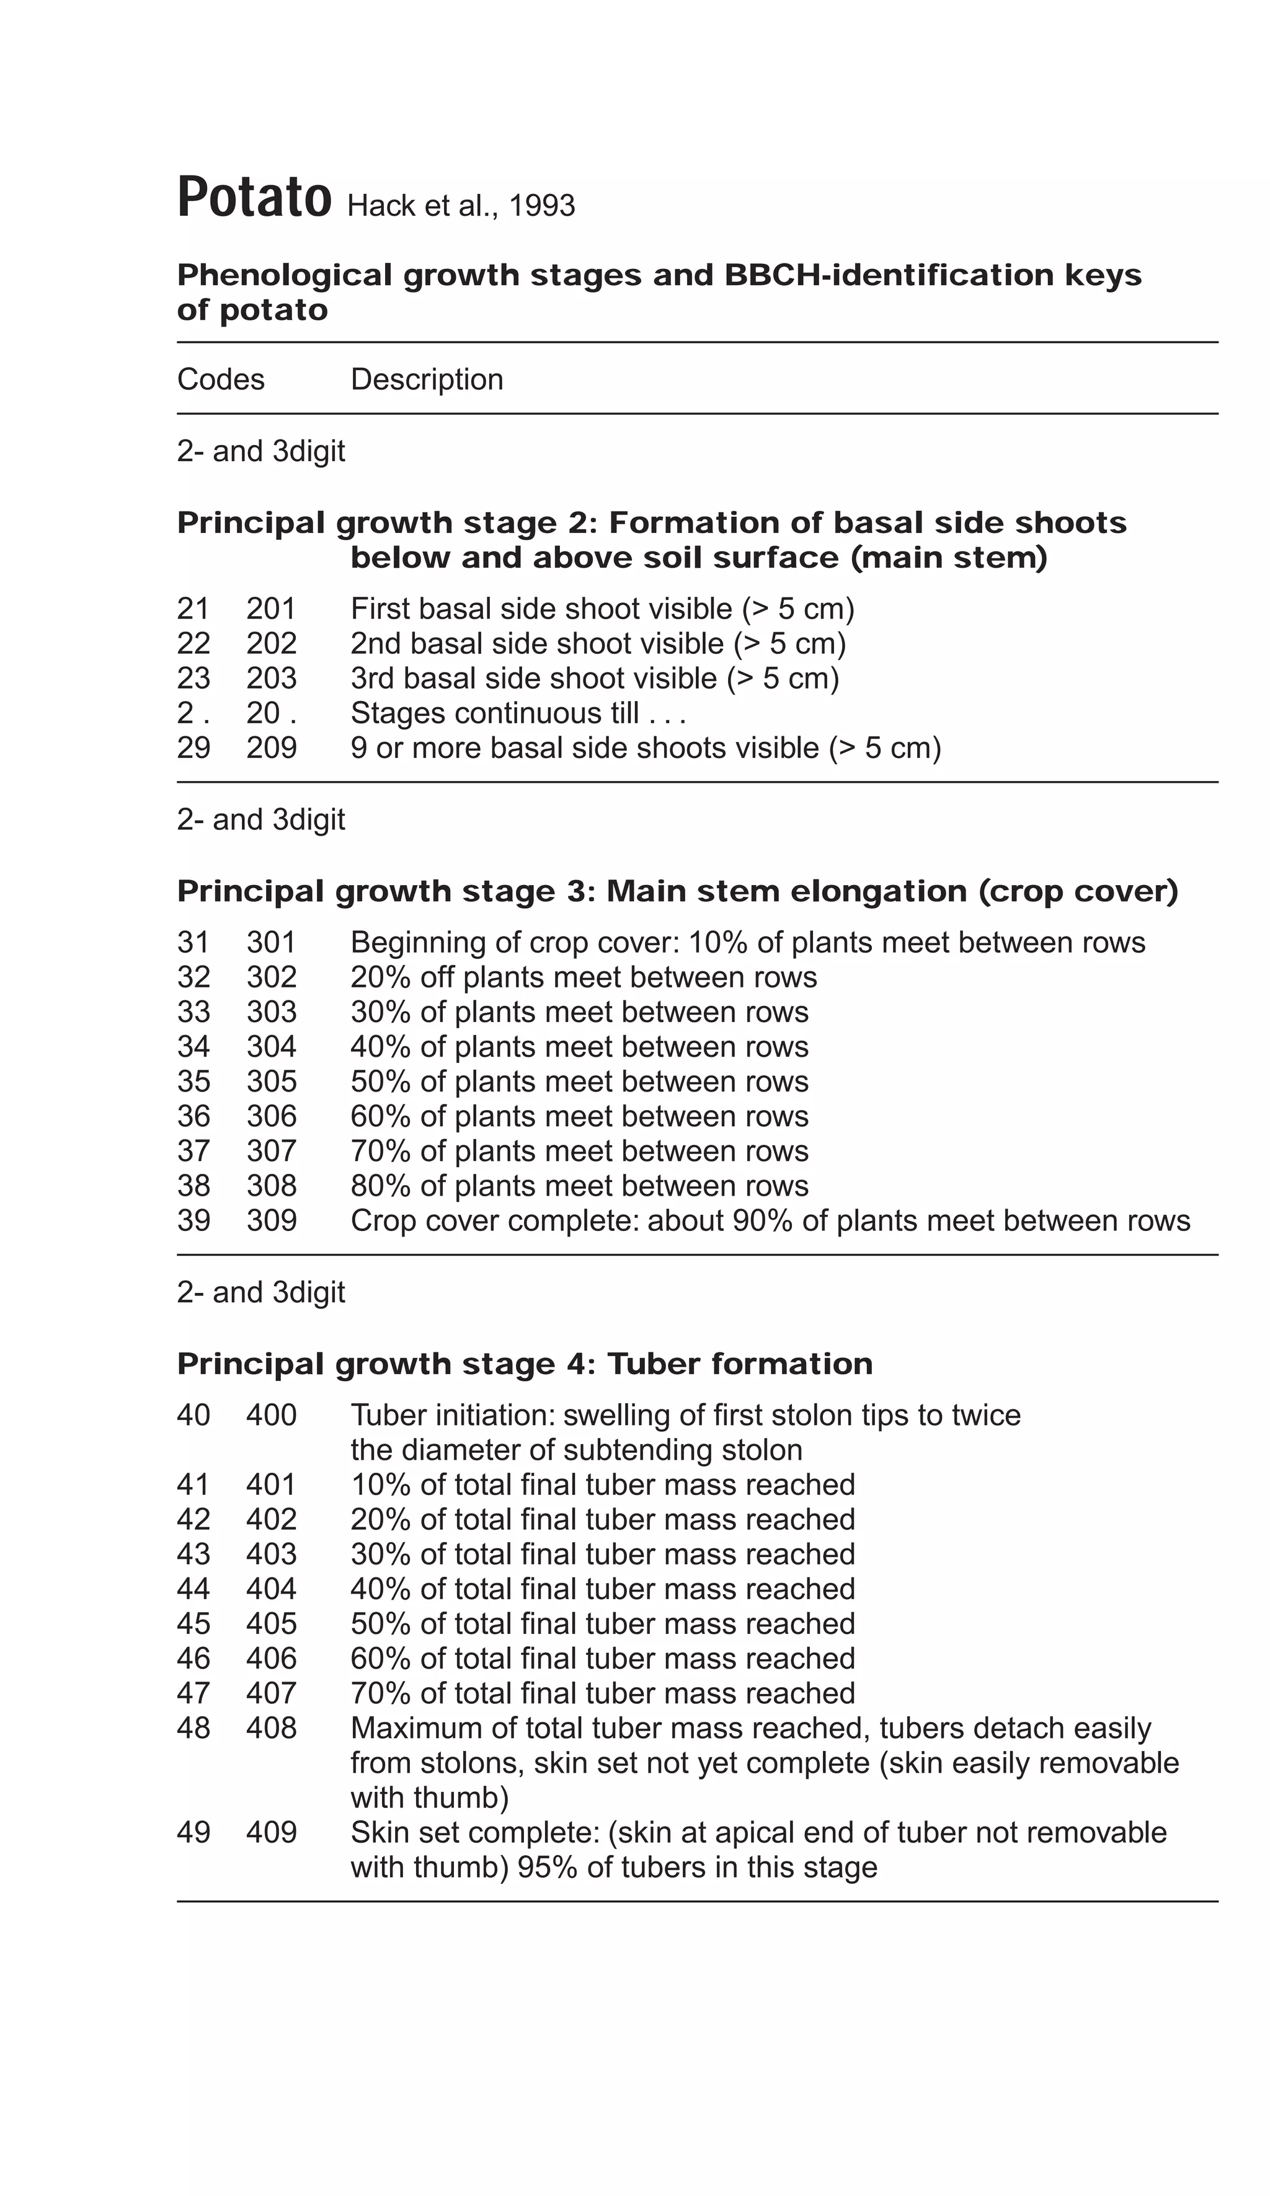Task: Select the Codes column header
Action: click(x=221, y=379)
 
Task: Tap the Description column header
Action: click(x=426, y=379)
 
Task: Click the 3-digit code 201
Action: click(x=271, y=608)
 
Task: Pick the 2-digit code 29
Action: click(x=193, y=747)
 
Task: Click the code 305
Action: click(x=271, y=1082)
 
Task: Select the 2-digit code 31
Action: click(x=193, y=942)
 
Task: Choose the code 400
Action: click(x=271, y=1415)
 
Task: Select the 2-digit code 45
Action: click(x=193, y=1623)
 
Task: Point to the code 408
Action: click(x=271, y=1728)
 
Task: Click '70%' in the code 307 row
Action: click(x=380, y=1151)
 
